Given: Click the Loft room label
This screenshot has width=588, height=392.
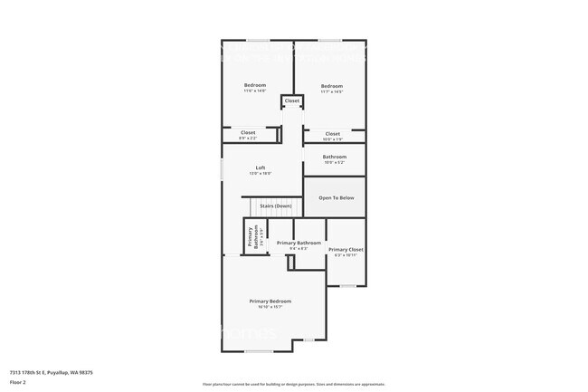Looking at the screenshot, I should [261, 167].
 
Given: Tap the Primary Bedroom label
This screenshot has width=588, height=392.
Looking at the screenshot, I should [270, 301].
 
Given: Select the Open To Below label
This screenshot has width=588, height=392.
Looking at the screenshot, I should [335, 197].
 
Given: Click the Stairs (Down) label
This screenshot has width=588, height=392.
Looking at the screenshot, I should [275, 206].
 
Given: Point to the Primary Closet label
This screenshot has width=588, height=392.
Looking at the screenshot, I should [346, 249].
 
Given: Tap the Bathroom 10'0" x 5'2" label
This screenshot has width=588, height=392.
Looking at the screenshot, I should [335, 157].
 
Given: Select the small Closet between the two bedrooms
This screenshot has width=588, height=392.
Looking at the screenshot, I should [292, 100].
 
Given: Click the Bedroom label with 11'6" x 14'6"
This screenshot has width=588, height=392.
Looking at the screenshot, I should [255, 85].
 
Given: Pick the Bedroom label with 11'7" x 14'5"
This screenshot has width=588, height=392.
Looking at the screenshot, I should [332, 85].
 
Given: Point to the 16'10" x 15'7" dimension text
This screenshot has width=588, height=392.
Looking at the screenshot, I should [270, 307].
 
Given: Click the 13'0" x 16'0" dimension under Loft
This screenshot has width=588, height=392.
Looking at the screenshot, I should [261, 173].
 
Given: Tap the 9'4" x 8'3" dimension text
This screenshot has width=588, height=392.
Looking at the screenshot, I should [299, 248].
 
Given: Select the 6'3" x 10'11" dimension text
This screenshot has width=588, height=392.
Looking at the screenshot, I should [346, 255].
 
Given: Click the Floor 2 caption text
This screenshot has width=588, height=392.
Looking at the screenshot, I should [18, 381].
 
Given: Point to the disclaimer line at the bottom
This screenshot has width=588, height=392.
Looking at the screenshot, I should [294, 384].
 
